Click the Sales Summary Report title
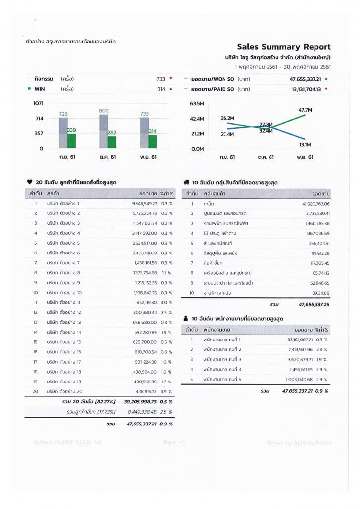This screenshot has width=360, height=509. coord(284,47)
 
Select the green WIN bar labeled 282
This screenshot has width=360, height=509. coord(112,142)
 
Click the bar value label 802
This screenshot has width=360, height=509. coord(104,111)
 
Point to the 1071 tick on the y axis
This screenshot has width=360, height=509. coord(39,103)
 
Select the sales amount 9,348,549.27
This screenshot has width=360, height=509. coord(144,203)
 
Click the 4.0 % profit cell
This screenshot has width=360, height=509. coord(167,302)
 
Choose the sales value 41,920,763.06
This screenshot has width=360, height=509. coord(315,203)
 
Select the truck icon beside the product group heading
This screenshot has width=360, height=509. coord(186,182)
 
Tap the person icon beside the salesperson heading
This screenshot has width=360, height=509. coord(186,319)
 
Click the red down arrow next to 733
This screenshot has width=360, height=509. coord(170,78)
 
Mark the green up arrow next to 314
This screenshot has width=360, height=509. coord(170,89)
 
